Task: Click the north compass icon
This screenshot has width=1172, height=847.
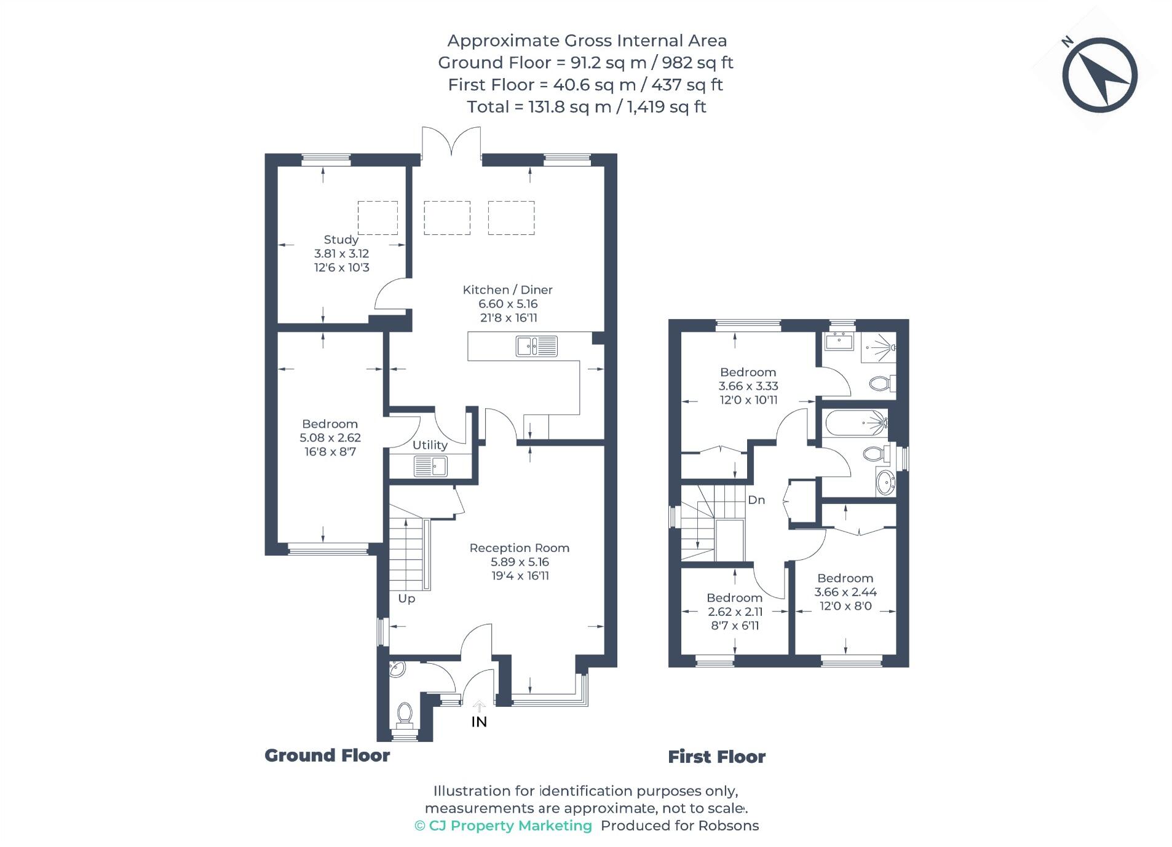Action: tap(1099, 75)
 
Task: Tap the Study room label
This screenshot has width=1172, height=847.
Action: tap(341, 240)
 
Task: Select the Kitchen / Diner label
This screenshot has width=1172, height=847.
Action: tap(507, 290)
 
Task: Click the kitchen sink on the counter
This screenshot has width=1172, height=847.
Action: tap(536, 346)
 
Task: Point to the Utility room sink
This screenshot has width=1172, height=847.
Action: tap(430, 467)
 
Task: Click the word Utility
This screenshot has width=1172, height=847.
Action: tap(430, 445)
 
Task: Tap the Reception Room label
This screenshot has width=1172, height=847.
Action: tap(519, 548)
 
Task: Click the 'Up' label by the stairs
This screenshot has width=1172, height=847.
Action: tap(406, 598)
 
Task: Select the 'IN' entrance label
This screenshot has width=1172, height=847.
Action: tap(479, 722)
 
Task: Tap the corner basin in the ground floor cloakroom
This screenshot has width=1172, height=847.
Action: tap(397, 669)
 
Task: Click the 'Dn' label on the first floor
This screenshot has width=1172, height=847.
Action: tap(756, 500)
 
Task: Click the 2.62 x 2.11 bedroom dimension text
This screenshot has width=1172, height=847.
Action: tap(735, 612)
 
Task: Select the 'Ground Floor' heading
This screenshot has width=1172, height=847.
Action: tap(327, 755)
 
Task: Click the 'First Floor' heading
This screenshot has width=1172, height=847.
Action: tap(716, 757)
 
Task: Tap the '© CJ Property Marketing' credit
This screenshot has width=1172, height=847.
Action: tap(503, 825)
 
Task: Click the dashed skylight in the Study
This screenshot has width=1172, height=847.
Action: tap(378, 218)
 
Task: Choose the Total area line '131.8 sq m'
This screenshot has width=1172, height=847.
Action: tap(586, 107)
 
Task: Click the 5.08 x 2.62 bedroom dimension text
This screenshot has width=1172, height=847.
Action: tap(330, 438)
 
